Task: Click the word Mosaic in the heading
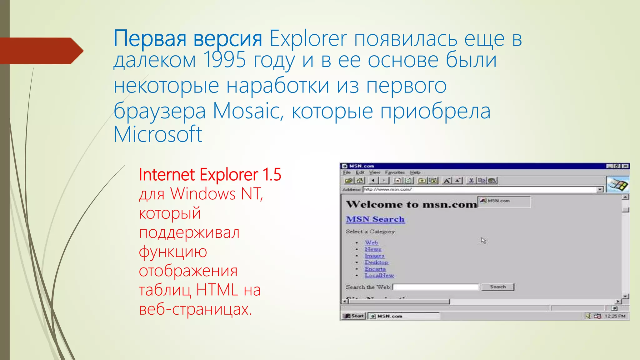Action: pos(248,111)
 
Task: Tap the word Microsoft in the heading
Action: pos(158,134)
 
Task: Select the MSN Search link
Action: pos(375,219)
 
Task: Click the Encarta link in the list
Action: pos(375,269)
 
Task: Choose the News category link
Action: pos(373,249)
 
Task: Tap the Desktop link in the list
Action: pos(376,262)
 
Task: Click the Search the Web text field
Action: pos(436,287)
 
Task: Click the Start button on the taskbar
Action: pos(354,316)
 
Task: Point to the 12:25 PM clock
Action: pos(615,316)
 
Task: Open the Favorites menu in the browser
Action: pos(395,172)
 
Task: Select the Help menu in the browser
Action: pos(415,172)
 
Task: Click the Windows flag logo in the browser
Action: pos(617,184)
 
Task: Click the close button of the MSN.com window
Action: pos(625,166)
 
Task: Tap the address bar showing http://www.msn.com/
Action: pos(480,189)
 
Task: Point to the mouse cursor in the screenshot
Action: pos(483,240)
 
